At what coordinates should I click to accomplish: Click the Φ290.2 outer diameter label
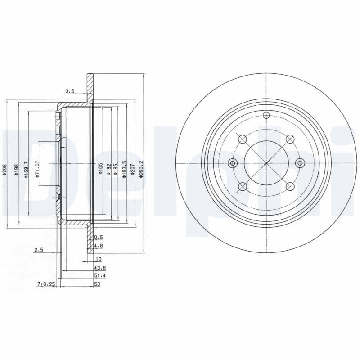pos(141,170)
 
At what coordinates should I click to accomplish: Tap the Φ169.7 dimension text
pos(27,170)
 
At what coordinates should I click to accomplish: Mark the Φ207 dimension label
pos(132,170)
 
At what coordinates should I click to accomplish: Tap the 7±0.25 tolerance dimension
pos(45,284)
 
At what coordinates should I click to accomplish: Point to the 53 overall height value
pos(97,284)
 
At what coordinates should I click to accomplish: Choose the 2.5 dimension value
pos(38,250)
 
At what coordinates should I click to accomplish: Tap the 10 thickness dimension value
pos(99,259)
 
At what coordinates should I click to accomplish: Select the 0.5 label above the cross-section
pos(69,91)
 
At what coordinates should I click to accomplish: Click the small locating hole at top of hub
pos(266,116)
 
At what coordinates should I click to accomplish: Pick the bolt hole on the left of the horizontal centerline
pos(233,163)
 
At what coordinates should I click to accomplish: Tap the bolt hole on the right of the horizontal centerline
pos(300,163)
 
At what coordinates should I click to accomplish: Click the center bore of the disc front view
pos(266,163)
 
